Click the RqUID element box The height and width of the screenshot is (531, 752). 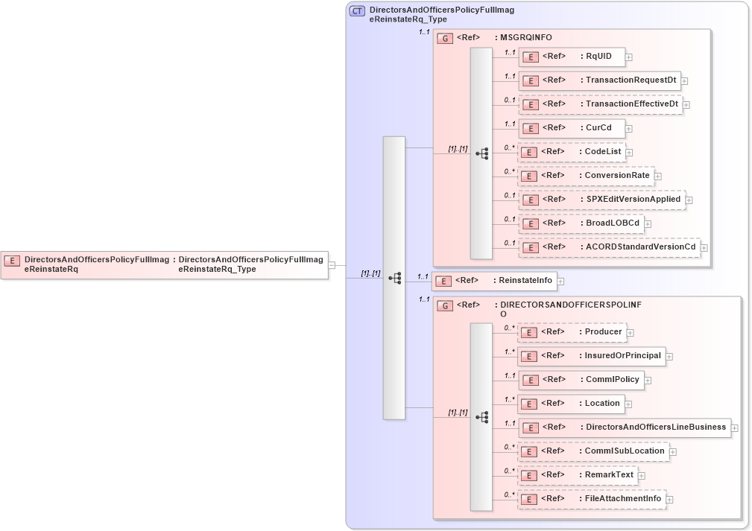point(571,57)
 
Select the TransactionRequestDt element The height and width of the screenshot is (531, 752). point(599,80)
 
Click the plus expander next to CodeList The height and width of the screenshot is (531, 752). point(629,153)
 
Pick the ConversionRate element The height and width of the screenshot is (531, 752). point(585,176)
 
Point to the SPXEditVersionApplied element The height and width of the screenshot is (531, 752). point(601,200)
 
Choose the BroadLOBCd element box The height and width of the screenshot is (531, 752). point(580,223)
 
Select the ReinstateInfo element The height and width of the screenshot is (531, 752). point(495,281)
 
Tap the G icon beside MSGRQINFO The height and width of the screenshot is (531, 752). point(445,38)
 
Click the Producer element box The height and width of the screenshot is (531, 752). point(572,332)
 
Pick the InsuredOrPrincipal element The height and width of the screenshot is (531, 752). point(591,356)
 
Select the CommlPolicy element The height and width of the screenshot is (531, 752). point(581,380)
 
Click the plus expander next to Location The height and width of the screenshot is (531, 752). point(629,404)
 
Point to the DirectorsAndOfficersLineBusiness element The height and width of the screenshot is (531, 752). point(624,427)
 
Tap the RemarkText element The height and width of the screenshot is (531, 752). point(577,475)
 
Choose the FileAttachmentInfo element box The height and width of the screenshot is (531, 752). point(591,499)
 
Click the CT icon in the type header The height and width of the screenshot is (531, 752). point(357,11)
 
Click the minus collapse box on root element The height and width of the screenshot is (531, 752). point(332,264)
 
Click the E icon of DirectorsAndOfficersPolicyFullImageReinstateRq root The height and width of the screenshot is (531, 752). point(12,261)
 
